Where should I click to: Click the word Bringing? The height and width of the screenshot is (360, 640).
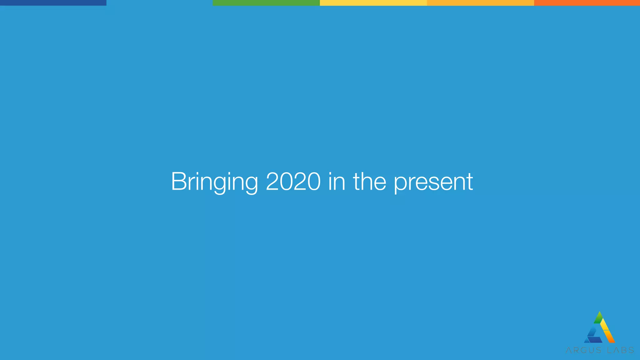214,182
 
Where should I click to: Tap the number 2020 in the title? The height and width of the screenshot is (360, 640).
293,182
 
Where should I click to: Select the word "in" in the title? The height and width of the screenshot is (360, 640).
337,182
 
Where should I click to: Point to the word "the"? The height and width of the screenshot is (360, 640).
370,182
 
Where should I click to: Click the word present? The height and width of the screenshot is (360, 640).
433,182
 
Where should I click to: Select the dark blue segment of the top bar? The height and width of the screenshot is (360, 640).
53,3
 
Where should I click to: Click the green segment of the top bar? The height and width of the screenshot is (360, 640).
266,3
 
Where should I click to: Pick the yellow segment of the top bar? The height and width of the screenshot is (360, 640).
373,3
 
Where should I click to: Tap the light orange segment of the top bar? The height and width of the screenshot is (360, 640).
480,3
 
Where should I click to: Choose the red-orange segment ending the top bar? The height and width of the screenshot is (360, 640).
587,3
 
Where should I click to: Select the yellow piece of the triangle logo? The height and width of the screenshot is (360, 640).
605,325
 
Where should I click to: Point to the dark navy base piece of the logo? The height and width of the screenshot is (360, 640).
595,340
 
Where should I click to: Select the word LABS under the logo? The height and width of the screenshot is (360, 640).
620,350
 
